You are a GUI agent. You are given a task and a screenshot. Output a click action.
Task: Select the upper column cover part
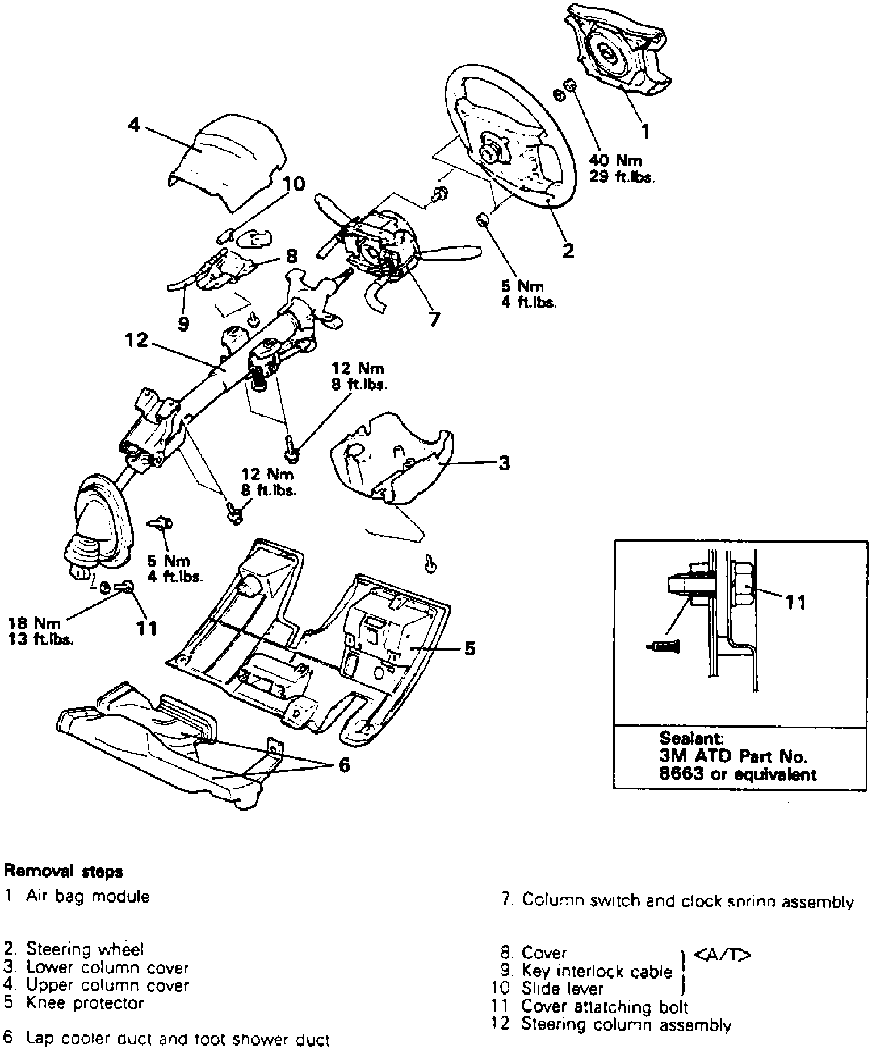coord(227,162)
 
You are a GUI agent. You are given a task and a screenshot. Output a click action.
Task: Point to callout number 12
coord(136,341)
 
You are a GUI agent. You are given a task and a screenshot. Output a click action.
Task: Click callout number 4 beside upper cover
coord(134,125)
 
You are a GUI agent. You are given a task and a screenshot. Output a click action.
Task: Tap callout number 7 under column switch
coord(434,320)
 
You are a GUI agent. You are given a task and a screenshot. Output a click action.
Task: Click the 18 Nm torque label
coord(34,624)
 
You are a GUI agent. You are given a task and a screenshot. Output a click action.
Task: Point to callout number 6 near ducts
coord(344,765)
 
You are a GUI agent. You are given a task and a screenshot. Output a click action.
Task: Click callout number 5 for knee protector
coord(469,648)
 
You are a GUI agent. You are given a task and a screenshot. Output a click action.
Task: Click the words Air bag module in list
coord(88,897)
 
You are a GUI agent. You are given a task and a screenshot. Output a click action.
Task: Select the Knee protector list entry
coord(85,1003)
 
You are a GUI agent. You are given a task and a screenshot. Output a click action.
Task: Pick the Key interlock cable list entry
coord(596,971)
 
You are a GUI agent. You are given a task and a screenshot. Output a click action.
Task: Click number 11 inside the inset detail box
coord(795,602)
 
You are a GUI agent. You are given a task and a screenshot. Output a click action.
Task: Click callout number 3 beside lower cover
coord(504,463)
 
